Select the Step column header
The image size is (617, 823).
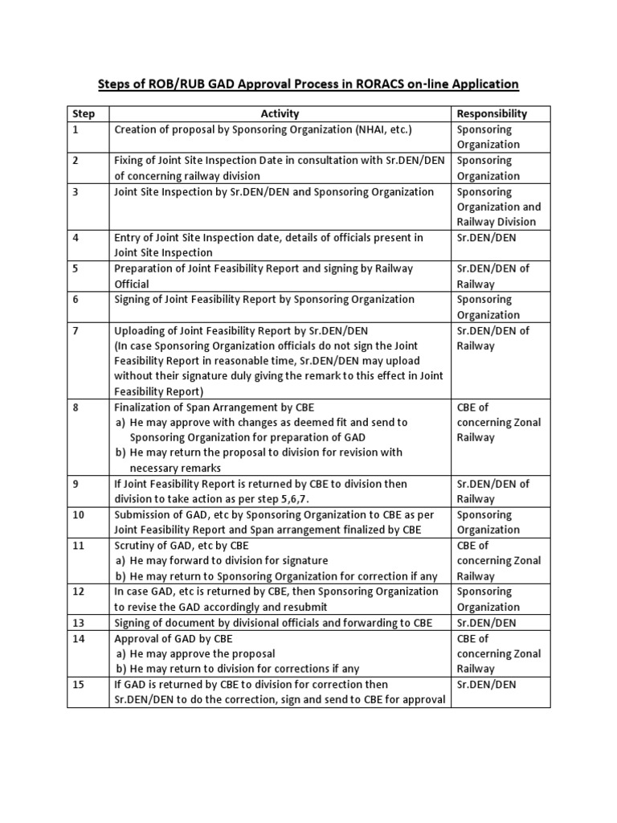coord(84,114)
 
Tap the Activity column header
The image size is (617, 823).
coord(280,114)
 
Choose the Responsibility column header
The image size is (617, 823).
coord(492,114)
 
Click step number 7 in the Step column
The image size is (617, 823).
coord(76,330)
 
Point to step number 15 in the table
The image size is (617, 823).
coord(79,684)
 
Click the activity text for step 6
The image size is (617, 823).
coord(264,299)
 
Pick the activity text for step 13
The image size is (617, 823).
coord(273,623)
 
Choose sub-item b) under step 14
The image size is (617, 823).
coord(237,669)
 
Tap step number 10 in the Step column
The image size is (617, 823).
coord(79,514)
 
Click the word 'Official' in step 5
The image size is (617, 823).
coord(132,284)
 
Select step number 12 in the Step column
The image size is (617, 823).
coord(79,592)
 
